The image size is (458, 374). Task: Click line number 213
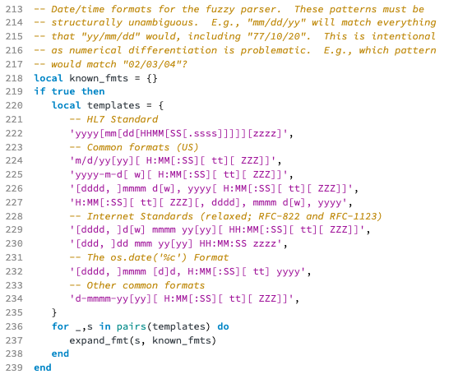14,9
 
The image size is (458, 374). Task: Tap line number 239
14,367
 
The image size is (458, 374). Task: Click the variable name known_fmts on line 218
99,78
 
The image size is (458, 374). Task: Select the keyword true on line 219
63,91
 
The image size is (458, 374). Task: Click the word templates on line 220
113,105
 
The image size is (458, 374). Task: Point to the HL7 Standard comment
113,119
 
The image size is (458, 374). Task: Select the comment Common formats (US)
134,147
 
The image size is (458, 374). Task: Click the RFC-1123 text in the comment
355,216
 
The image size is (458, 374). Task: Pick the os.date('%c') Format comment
149,257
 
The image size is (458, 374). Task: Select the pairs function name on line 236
132,326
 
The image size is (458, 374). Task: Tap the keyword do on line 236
223,326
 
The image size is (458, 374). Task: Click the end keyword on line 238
61,353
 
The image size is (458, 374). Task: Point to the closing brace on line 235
54,312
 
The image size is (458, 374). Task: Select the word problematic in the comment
275,50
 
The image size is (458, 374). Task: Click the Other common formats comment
137,285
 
